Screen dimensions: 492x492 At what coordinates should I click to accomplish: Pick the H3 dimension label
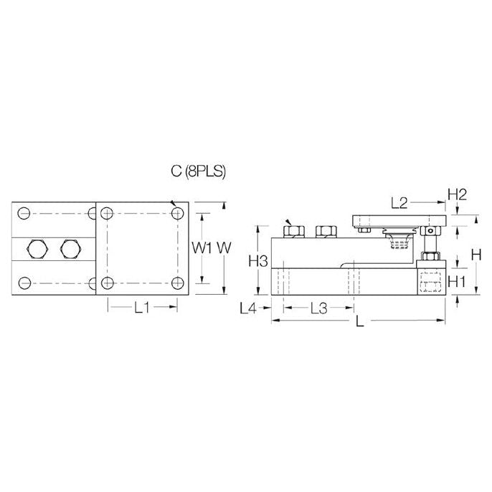(x=258, y=261)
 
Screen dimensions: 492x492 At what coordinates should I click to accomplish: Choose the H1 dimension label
(x=457, y=281)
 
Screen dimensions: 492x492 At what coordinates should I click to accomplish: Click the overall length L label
(x=360, y=323)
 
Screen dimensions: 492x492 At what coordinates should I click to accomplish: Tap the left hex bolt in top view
(x=37, y=249)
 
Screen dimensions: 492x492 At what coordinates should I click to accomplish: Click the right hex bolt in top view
(x=70, y=249)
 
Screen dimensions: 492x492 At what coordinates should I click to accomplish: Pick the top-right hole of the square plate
(x=176, y=214)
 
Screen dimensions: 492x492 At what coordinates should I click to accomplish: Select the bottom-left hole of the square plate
(x=108, y=282)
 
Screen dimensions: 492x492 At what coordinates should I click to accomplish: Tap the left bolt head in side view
(x=291, y=230)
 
